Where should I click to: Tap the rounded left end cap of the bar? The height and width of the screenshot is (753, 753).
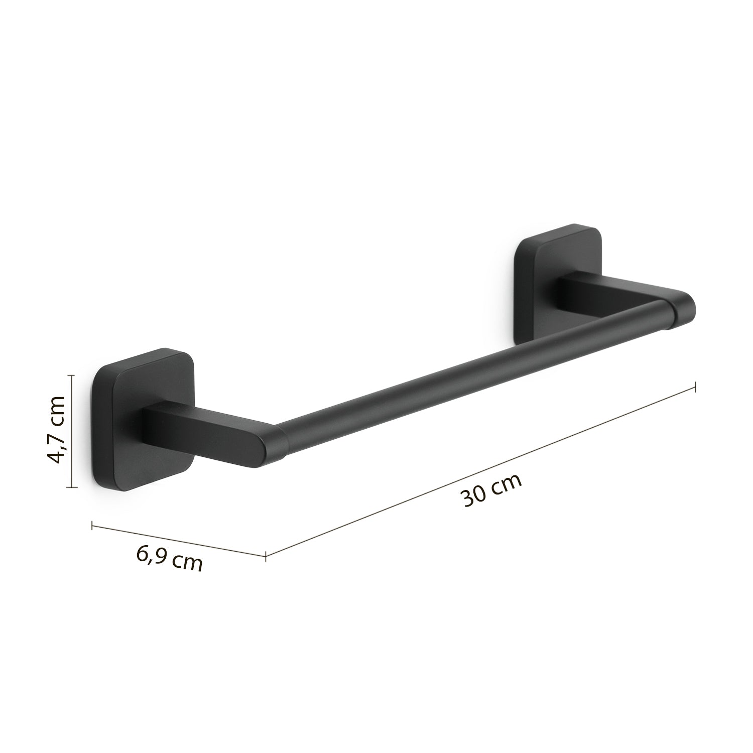coord(271,446)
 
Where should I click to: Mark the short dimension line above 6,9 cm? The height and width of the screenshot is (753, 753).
coord(178,540)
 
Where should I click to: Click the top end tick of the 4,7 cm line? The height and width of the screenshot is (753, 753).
coord(73,374)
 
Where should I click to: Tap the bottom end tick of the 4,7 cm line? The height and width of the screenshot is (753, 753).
coord(73,487)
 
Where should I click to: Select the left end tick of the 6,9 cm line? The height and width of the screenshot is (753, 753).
coord(92,526)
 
